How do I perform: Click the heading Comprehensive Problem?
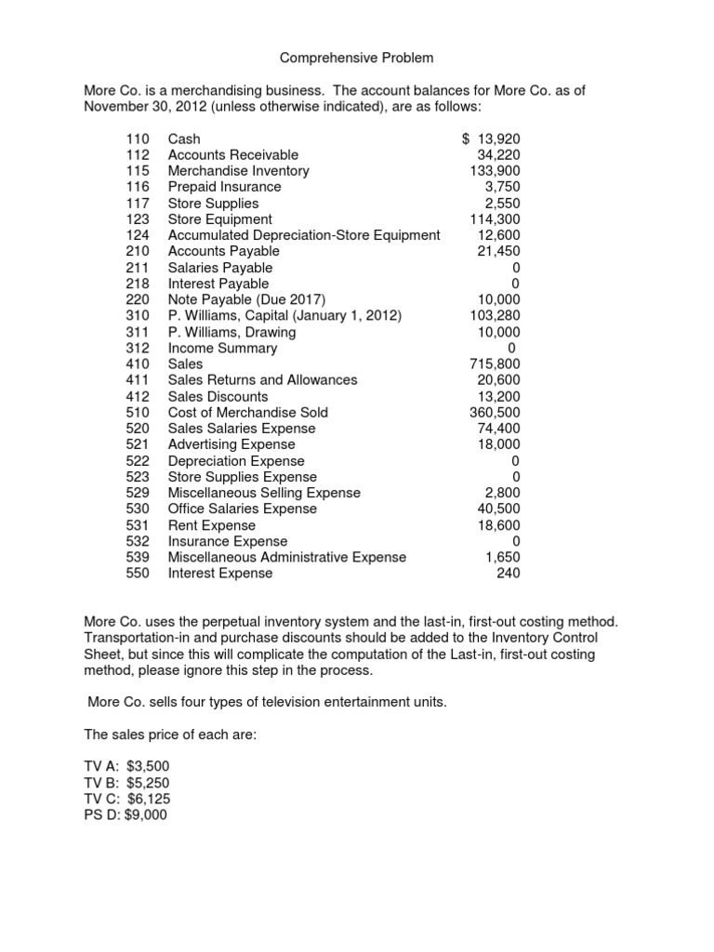click(x=357, y=59)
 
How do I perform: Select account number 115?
click(x=137, y=171)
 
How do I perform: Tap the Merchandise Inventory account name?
click(x=238, y=171)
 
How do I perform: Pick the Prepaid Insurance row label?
click(x=224, y=187)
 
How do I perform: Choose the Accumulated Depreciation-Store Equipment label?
click(x=304, y=235)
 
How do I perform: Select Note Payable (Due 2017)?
click(x=246, y=299)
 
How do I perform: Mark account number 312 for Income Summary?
click(x=137, y=348)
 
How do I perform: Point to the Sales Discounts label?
click(x=219, y=396)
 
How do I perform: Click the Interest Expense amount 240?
click(x=509, y=574)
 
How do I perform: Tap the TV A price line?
click(x=127, y=766)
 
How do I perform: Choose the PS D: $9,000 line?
click(x=126, y=814)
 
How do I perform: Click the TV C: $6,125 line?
click(x=127, y=799)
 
